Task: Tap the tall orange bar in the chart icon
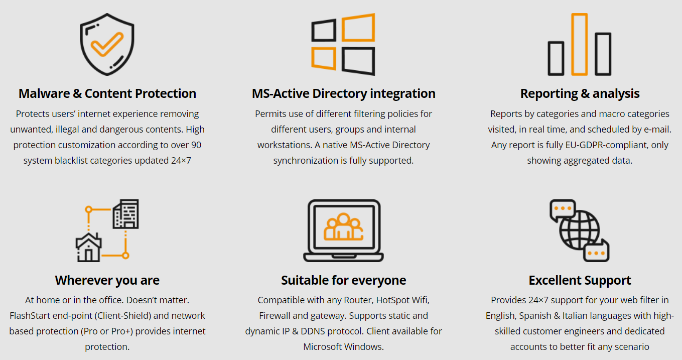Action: click(x=580, y=44)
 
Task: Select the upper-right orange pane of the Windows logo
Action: click(x=358, y=28)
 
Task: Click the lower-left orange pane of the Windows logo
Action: click(x=323, y=58)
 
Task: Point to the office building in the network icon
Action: click(x=126, y=214)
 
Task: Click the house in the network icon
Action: click(x=88, y=248)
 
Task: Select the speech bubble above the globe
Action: click(x=563, y=210)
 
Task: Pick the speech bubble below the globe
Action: click(x=596, y=251)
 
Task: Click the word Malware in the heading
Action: click(x=44, y=93)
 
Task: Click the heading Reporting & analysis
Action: click(x=580, y=94)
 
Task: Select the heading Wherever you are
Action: click(x=107, y=281)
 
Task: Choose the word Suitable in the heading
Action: click(x=305, y=280)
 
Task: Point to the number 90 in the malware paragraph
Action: click(x=196, y=145)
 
